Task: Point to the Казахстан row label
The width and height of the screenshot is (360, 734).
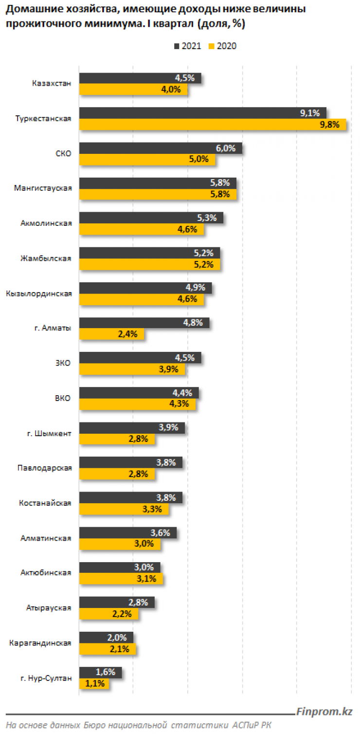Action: point(52,84)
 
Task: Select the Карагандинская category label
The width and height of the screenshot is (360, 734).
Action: point(40,643)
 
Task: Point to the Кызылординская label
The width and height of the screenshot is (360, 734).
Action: point(39,294)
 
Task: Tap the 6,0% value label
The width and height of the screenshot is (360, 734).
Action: point(226,148)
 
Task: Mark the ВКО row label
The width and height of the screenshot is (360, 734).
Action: point(63,398)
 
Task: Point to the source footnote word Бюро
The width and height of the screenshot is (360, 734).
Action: point(93,725)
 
